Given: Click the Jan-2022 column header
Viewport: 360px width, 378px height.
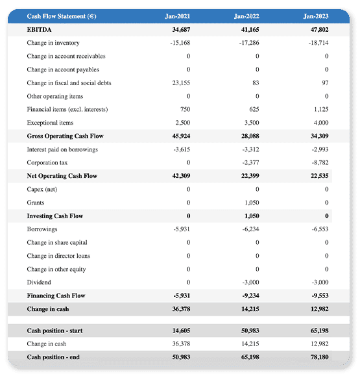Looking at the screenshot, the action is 246,16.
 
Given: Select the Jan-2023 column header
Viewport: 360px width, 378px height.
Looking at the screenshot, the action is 316,16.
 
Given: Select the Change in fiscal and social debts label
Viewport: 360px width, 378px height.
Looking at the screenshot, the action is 69,83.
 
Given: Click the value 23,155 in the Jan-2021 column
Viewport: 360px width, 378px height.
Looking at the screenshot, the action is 181,83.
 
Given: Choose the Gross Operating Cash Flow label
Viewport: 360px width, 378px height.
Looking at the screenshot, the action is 65,136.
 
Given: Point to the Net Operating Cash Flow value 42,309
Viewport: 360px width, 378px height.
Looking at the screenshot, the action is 181,176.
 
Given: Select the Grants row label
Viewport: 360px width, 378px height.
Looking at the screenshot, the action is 36,203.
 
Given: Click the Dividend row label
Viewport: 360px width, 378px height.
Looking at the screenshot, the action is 40,283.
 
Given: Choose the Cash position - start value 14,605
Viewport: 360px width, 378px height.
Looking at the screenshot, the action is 181,331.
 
